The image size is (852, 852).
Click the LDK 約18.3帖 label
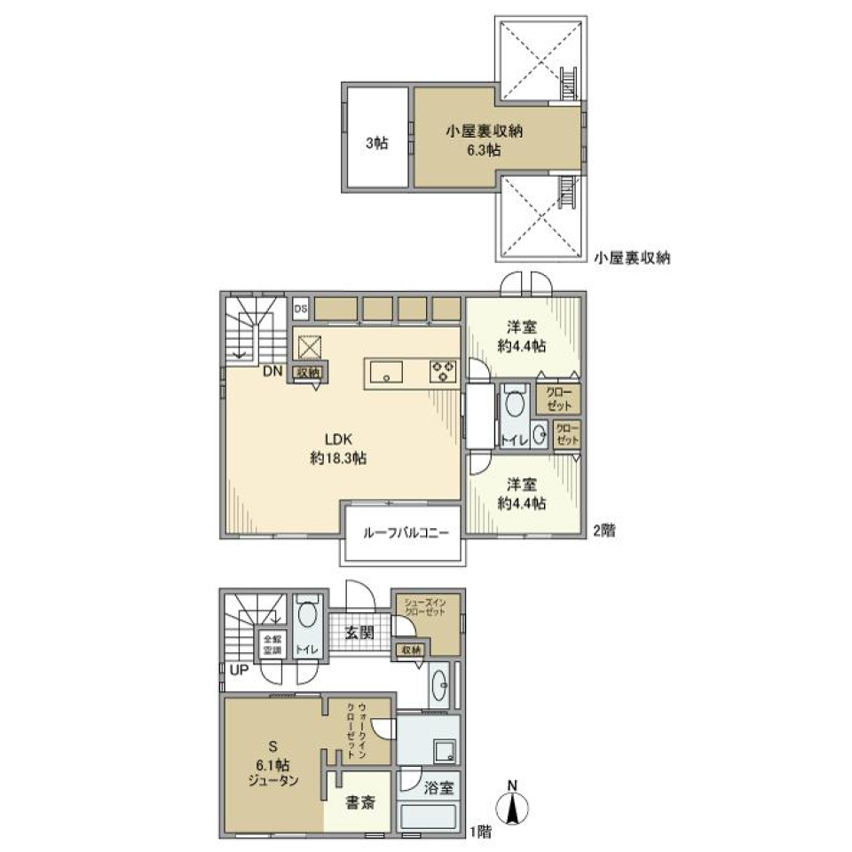coord(339,448)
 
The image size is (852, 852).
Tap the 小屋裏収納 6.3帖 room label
coord(484,140)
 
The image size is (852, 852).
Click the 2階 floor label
coord(603,531)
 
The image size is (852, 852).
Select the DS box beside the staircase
coord(300,308)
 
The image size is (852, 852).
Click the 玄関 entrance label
coord(359,632)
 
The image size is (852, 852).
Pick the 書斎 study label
coord(360,803)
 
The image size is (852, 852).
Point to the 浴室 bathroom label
coord(439,787)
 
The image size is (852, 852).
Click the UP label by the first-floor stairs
coord(239,670)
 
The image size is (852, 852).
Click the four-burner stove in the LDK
coord(443,370)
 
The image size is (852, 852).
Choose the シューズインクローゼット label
coord(428,610)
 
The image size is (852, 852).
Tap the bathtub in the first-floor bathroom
coord(431,817)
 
